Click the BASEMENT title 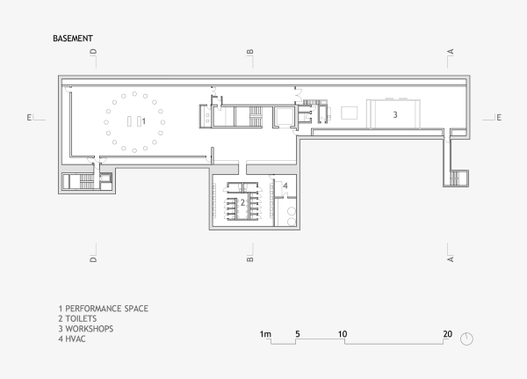(x=73, y=40)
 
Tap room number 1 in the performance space (x=144, y=121)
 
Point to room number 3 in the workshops (x=395, y=114)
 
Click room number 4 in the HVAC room (x=285, y=186)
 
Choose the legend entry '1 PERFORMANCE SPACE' (x=103, y=309)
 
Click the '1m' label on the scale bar (x=266, y=334)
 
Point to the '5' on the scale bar (x=298, y=334)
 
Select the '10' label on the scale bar (x=343, y=334)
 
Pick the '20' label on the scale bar (x=447, y=334)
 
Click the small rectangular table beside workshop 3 (x=349, y=113)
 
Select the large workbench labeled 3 (x=394, y=114)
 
